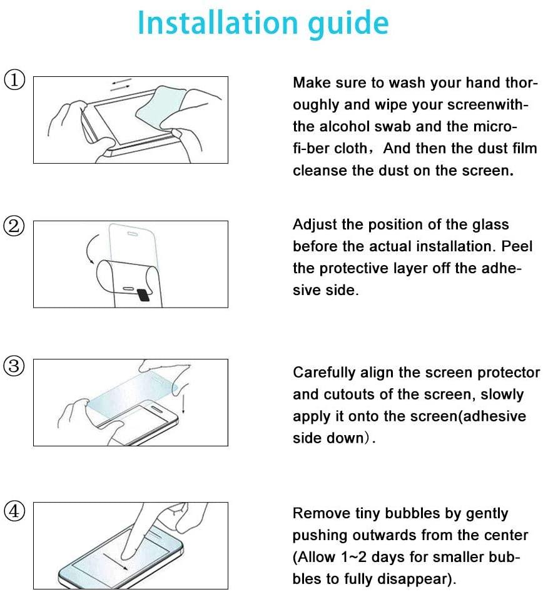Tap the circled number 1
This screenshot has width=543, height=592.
point(14,80)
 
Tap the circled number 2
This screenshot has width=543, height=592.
point(14,226)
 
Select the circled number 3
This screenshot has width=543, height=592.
point(14,366)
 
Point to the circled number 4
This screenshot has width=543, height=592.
point(14,511)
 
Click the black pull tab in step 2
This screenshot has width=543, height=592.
point(144,295)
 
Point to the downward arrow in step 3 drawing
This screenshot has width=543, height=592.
point(183,404)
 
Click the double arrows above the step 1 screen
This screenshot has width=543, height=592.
point(121,84)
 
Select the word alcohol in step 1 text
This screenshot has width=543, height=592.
point(346,126)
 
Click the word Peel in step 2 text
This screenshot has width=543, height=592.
point(517,246)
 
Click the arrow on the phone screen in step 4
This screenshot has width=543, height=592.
point(116,562)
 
